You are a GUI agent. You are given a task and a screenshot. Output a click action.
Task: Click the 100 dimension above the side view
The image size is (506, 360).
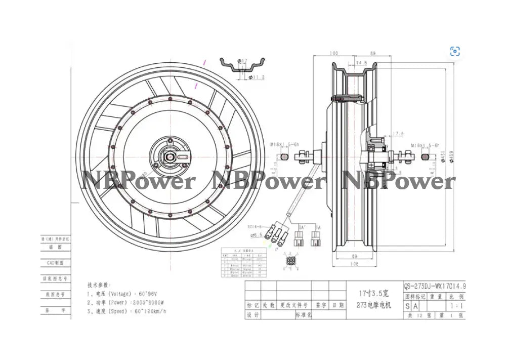tap(334, 53)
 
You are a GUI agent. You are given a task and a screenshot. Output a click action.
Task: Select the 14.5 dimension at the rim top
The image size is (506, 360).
tap(361, 63)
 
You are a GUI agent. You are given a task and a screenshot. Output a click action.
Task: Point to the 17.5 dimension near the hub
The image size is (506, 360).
tap(397, 134)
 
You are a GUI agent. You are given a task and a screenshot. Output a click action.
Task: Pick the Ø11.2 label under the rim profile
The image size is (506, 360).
tap(258, 77)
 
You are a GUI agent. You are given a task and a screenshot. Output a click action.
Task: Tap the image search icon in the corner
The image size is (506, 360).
tap(455, 51)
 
